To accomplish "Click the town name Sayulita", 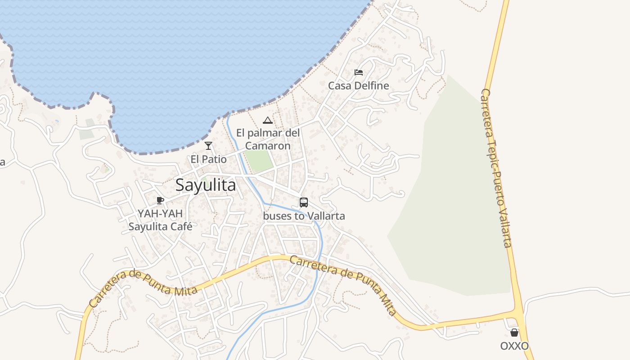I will coord(206,185).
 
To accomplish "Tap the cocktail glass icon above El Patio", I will coord(208,145).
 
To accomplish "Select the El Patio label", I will coord(208,159).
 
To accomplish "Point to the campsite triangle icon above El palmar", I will coord(268,120).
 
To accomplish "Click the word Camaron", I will coord(268,146).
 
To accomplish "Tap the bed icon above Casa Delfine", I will coord(359,72).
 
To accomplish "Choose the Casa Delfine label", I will coord(359,85).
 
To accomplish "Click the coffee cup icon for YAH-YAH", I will coord(160,200).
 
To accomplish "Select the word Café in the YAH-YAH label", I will coord(180,226).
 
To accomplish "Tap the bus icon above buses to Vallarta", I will coord(304,202).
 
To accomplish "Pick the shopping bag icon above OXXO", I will coord(514,333).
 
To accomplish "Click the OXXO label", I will coord(514,346).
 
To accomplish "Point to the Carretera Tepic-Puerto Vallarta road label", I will coord(496,167).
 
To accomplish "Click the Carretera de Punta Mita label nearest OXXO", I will coord(343,284).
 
